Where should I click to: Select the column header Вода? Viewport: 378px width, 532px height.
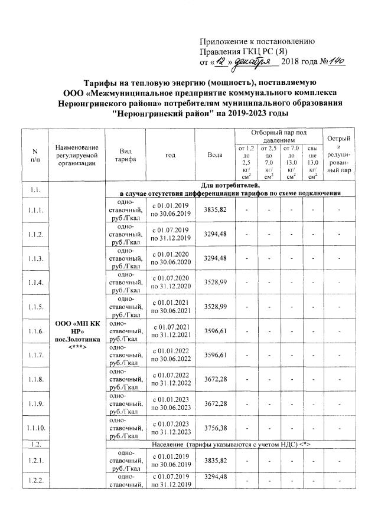tap(215, 155)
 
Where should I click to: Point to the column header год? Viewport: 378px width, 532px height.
tap(170, 155)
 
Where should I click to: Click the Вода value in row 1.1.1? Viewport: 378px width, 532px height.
tap(215, 209)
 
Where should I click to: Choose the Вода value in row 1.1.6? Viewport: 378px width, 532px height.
tap(215, 331)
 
